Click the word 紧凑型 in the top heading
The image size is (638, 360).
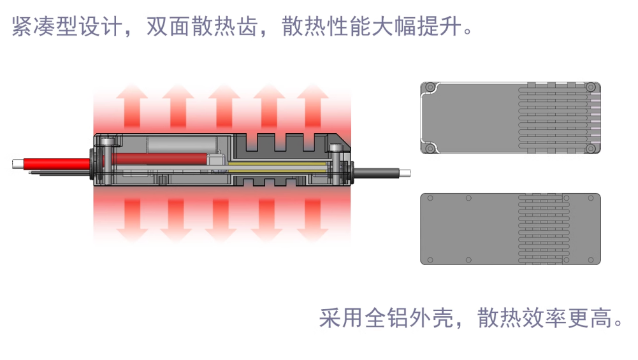coord(45,26)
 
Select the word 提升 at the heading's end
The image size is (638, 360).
coord(439,26)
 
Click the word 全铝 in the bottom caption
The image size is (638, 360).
coord(386,318)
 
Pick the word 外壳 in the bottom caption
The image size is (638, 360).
coord(431,318)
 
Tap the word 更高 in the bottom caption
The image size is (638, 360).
coord(590,318)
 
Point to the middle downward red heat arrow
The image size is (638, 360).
coord(221,220)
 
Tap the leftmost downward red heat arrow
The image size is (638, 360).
coord(132,220)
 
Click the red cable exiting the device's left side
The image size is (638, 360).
coord(57,164)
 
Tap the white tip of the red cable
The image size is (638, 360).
coord(18,164)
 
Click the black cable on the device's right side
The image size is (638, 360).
coord(377,173)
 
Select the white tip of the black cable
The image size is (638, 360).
coord(405,173)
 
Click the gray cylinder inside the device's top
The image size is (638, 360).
coord(182,145)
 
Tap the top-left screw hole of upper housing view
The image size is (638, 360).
coord(430,87)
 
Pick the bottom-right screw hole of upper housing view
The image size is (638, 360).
coord(590,148)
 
